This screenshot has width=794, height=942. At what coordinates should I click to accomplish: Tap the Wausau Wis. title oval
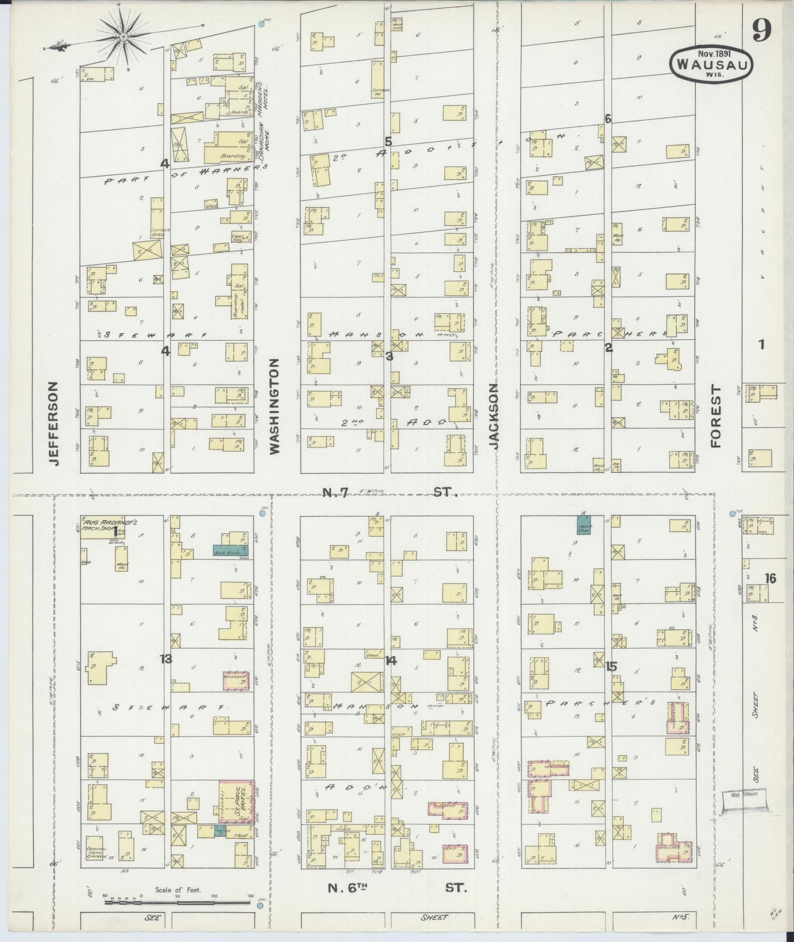coord(711,64)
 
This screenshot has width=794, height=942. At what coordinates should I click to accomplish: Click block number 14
coord(391,661)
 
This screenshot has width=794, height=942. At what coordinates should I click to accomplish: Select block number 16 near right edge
coord(770,578)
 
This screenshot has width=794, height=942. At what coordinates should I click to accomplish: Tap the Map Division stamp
coord(743,794)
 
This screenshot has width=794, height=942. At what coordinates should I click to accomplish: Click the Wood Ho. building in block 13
coord(122,565)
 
